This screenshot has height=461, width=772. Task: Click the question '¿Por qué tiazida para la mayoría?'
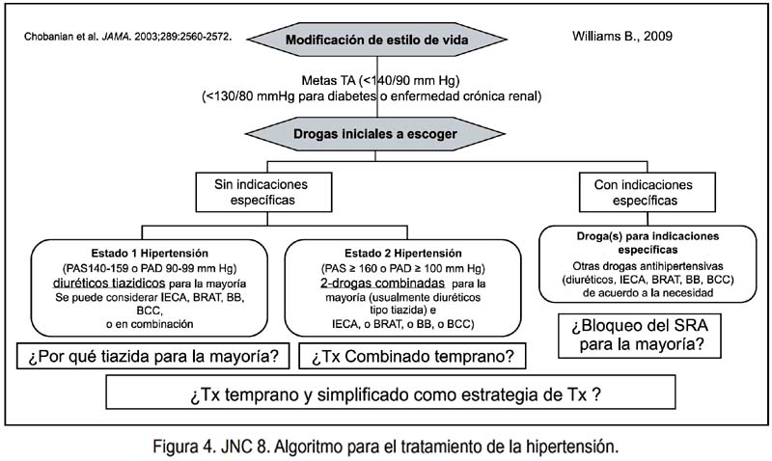(152, 356)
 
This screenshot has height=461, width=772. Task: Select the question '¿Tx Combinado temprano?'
(412, 356)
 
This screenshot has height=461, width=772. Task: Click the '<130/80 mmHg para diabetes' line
(372, 96)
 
